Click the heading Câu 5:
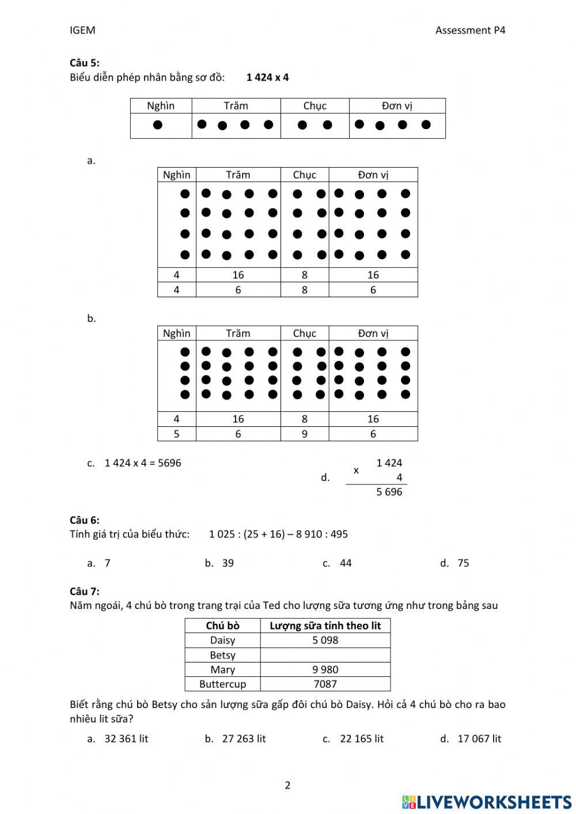point(84,63)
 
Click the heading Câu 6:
point(84,520)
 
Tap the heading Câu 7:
point(84,591)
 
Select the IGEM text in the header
point(82,31)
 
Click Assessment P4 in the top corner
point(470,31)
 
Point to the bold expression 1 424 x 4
point(267,77)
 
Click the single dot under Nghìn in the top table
point(157,125)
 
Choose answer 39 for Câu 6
point(228,563)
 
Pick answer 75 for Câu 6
point(463,563)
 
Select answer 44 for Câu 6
point(346,563)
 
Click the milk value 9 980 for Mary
point(325,669)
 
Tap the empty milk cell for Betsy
point(325,655)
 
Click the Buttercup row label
point(222,684)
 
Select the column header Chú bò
point(222,626)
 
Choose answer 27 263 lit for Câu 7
point(244,739)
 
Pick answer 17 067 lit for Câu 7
point(479,739)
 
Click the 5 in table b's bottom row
point(176,434)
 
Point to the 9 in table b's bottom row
point(305,434)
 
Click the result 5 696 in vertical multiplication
point(389,492)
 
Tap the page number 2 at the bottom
point(287,785)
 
